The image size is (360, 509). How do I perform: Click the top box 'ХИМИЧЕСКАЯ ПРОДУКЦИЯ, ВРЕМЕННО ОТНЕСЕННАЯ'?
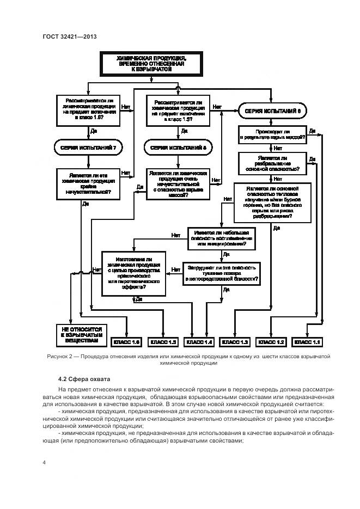(151, 64)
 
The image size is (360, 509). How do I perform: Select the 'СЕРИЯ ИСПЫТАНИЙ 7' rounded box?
(87, 147)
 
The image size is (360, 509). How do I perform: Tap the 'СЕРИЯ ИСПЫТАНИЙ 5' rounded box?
(178, 147)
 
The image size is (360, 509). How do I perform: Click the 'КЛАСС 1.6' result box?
(126, 342)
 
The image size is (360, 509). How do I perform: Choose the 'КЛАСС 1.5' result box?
(162, 342)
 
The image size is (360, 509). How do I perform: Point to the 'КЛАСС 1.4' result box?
(199, 342)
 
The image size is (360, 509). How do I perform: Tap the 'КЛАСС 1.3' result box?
(235, 342)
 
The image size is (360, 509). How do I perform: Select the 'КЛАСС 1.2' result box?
(271, 342)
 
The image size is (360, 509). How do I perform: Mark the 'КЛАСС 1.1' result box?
(308, 342)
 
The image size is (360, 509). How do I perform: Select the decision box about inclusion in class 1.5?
(178, 110)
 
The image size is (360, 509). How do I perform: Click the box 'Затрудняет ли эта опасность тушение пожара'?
(222, 273)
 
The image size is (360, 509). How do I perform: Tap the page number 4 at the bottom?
(44, 463)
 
